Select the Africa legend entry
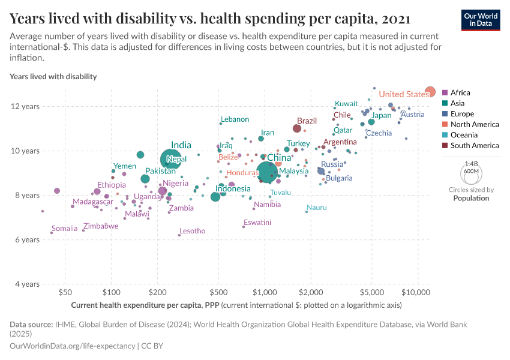pyautogui.click(x=460, y=93)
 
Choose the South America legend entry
pyautogui.click(x=474, y=146)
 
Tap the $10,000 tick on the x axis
pyautogui.click(x=415, y=293)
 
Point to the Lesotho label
pyautogui.click(x=193, y=231)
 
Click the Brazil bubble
pyautogui.click(x=297, y=128)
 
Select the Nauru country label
pyautogui.click(x=317, y=208)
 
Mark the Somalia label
pyautogui.click(x=65, y=229)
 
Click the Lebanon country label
pyautogui.click(x=235, y=120)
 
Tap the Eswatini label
pyautogui.click(x=257, y=223)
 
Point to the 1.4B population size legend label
pyautogui.click(x=471, y=164)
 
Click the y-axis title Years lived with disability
pyautogui.click(x=53, y=77)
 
